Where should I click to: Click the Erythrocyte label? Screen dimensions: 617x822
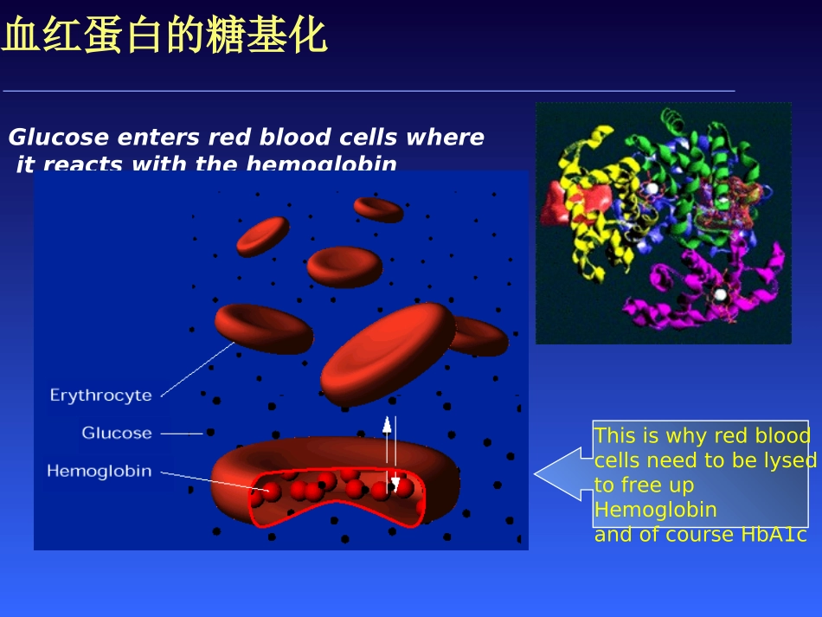pos(100,395)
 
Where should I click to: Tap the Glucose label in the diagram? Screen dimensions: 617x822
pos(117,433)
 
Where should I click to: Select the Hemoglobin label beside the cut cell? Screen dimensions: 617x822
pos(99,472)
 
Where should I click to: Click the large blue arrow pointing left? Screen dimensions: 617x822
pos(562,473)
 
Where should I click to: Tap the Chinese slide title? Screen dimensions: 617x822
pos(164,37)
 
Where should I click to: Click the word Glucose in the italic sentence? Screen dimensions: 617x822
pos(59,138)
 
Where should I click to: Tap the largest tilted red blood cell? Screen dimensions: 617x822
pos(388,353)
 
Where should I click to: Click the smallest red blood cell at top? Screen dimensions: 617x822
pos(378,209)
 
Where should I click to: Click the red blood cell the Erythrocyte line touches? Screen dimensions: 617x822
pos(264,328)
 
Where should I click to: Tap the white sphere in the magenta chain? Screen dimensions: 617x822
pos(720,295)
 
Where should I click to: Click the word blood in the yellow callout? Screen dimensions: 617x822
pos(782,435)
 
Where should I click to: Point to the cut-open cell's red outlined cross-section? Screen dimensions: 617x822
pos(337,498)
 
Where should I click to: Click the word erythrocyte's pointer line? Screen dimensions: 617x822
pos(197,369)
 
